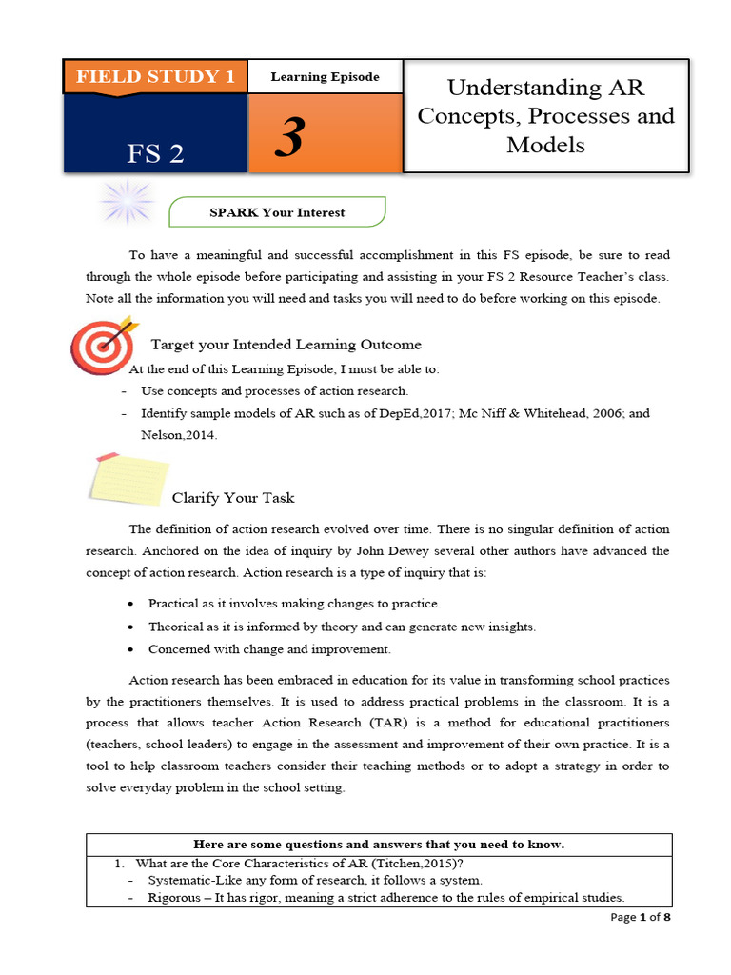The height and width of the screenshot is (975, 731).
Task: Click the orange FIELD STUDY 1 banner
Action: tap(155, 76)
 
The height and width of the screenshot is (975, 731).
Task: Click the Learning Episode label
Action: tap(326, 76)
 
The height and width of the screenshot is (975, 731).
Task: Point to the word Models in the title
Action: tap(545, 145)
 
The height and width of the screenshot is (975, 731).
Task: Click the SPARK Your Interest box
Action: tap(277, 212)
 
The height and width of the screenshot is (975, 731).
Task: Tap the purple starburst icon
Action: tap(127, 202)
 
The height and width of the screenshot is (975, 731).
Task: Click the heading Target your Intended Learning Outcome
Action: tap(286, 345)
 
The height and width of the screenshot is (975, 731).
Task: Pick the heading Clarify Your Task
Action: tap(233, 498)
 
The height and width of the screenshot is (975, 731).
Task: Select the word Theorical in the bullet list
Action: tap(176, 627)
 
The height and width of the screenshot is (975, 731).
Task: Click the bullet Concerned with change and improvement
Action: tap(269, 649)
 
